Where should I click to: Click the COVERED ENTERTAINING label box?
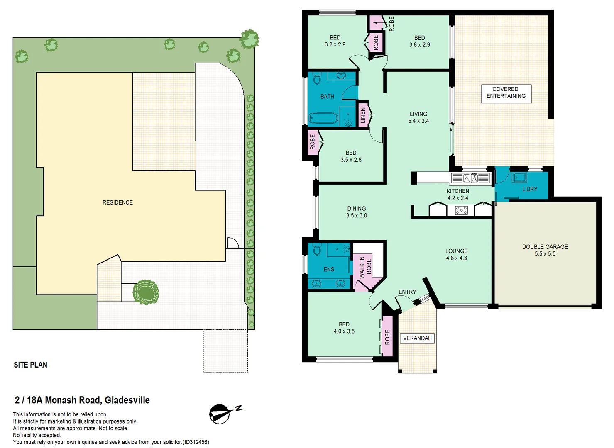[x=506, y=93]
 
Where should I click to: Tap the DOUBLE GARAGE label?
[x=545, y=247]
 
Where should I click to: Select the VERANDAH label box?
[x=417, y=338]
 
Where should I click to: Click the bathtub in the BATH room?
[x=323, y=118]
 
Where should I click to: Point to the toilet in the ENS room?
[x=317, y=250]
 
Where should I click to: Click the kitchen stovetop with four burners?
[x=461, y=211]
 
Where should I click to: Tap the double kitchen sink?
[x=470, y=178]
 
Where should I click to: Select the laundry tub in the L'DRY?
[x=519, y=178]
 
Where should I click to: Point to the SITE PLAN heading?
[x=30, y=365]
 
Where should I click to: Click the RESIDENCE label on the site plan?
[x=117, y=202]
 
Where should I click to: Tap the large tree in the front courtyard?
[x=146, y=292]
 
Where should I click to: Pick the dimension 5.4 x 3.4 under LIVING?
[x=418, y=121]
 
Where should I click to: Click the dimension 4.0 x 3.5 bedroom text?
[x=344, y=331]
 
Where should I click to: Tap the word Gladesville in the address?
[x=127, y=400]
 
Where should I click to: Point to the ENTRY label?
[x=407, y=292]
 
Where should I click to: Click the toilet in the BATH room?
[x=317, y=78]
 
